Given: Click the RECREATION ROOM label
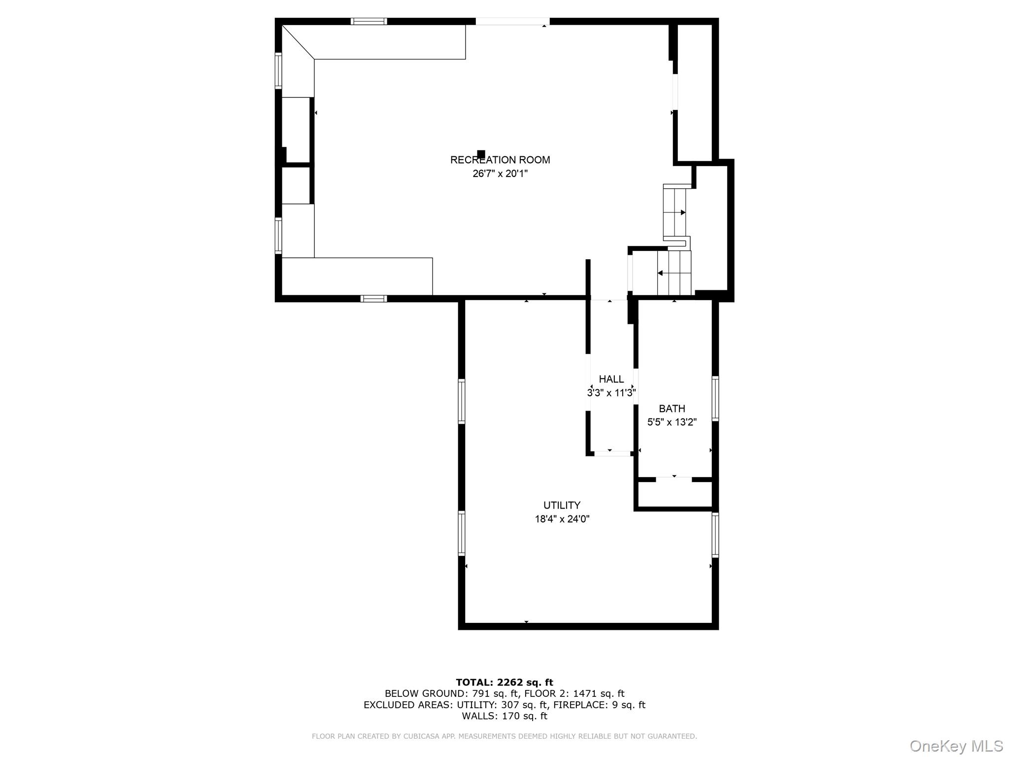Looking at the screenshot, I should coord(500,160).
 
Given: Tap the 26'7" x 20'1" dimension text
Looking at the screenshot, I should coord(500,173).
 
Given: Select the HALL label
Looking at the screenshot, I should coord(611,379).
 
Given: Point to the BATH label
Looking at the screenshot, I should coord(672,409).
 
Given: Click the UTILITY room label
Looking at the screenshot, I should coord(562,505).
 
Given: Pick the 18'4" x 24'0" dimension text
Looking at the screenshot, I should coord(562,519).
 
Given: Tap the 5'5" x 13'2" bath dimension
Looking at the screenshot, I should coord(672,422).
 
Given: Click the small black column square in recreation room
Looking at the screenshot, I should coord(481,154).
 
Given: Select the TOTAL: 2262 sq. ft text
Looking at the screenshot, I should coord(504,682).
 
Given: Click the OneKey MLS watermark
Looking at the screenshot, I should coord(956,746).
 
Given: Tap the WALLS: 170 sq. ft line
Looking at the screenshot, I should coord(504,716).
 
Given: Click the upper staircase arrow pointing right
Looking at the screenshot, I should coord(683,212).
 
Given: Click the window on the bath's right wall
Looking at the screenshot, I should coord(715,398).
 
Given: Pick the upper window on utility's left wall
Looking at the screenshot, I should coord(462,401).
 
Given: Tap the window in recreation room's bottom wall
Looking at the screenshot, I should coord(373,298).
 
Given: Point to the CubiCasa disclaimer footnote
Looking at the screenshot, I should coord(504,736).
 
